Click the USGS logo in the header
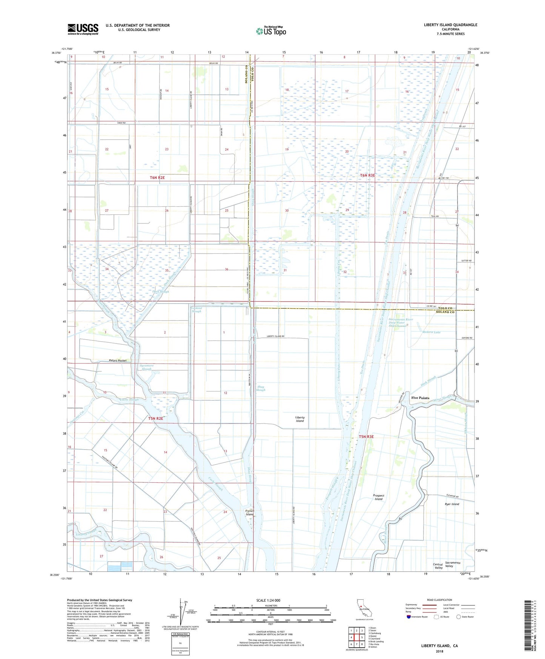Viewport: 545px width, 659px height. point(83,29)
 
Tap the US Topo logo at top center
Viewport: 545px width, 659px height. point(271,31)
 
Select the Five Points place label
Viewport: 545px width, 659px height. point(420,398)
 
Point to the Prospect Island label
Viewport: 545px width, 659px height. point(378,497)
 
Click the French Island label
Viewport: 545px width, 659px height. point(250,513)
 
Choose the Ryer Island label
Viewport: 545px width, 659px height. point(452,504)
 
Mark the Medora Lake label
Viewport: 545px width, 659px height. point(431,332)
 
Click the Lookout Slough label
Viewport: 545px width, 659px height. point(197,309)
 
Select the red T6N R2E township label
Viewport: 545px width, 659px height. point(152,177)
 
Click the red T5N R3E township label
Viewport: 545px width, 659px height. point(366,437)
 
